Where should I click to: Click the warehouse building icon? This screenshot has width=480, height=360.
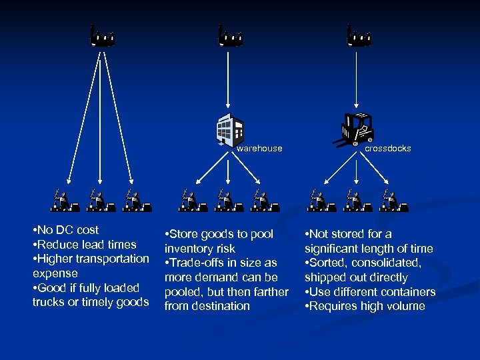pyautogui.click(x=229, y=129)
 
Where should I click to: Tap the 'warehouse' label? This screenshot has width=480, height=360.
pyautogui.click(x=259, y=149)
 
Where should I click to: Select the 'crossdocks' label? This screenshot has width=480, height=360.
pyautogui.click(x=387, y=149)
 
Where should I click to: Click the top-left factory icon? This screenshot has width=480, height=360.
pyautogui.click(x=103, y=36)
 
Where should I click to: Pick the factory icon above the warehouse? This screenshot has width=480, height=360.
pyautogui.click(x=230, y=36)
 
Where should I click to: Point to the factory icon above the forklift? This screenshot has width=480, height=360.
pyautogui.click(x=359, y=36)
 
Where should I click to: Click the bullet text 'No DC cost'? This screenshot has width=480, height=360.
pyautogui.click(x=67, y=230)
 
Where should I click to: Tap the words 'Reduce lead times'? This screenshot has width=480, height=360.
pyautogui.click(x=87, y=245)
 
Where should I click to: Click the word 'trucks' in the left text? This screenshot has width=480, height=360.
pyautogui.click(x=49, y=302)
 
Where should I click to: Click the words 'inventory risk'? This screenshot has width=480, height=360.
pyautogui.click(x=199, y=249)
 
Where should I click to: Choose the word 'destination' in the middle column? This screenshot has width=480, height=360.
pyautogui.click(x=221, y=306)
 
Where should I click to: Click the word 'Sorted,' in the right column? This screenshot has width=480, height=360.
pyautogui.click(x=331, y=263)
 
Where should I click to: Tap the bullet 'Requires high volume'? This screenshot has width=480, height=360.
pyautogui.click(x=367, y=306)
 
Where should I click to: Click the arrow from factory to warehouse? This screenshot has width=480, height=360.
pyautogui.click(x=229, y=80)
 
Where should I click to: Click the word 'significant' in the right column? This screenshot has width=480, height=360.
pyautogui.click(x=334, y=249)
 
